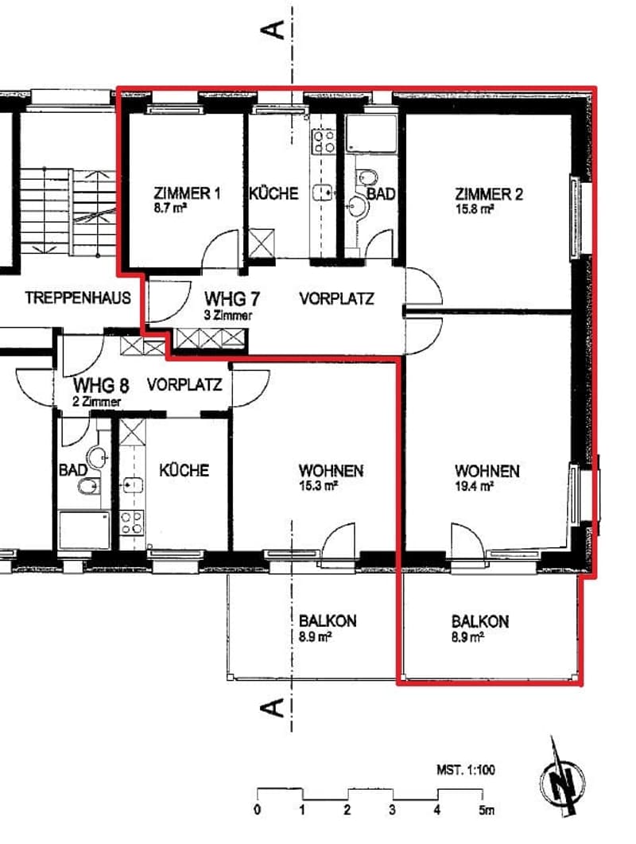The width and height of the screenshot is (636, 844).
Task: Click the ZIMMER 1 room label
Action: pyautogui.click(x=188, y=193)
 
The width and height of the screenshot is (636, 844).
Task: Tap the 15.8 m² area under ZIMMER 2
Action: pyautogui.click(x=475, y=208)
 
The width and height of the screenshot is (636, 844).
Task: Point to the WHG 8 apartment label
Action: pyautogui.click(x=101, y=385)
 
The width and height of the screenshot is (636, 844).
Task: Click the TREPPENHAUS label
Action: pyautogui.click(x=78, y=298)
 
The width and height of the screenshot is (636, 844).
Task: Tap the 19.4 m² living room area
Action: pyautogui.click(x=474, y=486)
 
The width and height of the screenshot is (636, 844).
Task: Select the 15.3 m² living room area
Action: pyautogui.click(x=318, y=486)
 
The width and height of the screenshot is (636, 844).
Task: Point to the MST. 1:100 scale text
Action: pyautogui.click(x=466, y=770)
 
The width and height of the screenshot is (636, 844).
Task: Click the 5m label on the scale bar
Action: pyautogui.click(x=487, y=810)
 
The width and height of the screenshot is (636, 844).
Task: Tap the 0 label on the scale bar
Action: pyautogui.click(x=258, y=810)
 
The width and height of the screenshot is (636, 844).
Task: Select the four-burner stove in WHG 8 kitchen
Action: pyautogui.click(x=132, y=522)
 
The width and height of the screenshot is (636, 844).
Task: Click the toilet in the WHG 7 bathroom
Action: pyautogui.click(x=367, y=176)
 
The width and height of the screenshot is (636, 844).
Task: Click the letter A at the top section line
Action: pyautogui.click(x=273, y=29)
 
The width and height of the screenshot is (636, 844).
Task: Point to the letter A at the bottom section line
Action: pyautogui.click(x=273, y=707)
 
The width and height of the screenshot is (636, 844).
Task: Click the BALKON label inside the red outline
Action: pyautogui.click(x=480, y=621)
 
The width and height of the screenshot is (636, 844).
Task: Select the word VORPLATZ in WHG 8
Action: pyautogui.click(x=184, y=384)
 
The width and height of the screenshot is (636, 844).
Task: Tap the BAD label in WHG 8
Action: pyautogui.click(x=72, y=470)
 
